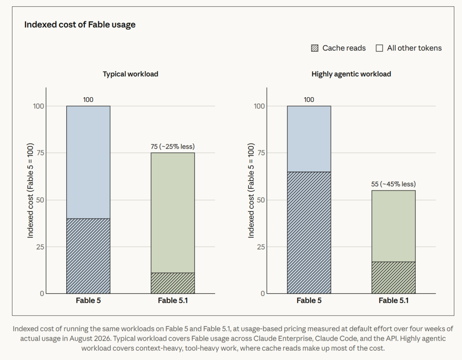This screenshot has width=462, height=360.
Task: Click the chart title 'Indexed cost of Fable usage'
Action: [x=80, y=24]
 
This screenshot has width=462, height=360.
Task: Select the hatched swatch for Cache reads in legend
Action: [x=315, y=48]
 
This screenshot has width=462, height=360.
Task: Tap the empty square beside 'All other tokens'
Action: [x=379, y=48]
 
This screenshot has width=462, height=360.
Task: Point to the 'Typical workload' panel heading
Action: [x=130, y=74]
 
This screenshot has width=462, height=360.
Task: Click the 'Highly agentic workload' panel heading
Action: [x=351, y=74]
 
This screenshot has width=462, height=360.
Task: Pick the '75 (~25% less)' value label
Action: [x=173, y=146]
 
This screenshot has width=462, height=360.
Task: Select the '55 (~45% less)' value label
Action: [x=394, y=184]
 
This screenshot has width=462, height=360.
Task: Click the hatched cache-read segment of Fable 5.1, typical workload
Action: [x=173, y=283]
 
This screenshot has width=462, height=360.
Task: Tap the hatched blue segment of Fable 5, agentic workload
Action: [x=309, y=232]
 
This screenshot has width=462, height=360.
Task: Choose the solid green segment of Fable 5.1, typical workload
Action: [x=173, y=213]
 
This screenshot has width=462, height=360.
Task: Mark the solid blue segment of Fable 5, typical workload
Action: [x=89, y=162]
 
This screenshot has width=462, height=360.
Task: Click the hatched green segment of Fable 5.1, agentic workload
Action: [x=394, y=277]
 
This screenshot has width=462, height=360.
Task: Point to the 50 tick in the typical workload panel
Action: [x=40, y=200]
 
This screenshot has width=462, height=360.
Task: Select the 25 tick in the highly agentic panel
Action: [x=261, y=247]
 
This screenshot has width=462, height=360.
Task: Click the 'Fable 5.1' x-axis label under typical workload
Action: [x=173, y=300]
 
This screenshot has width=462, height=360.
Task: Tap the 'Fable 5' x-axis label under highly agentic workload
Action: [x=309, y=300]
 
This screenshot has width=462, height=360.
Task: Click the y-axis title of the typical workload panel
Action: [x=30, y=190]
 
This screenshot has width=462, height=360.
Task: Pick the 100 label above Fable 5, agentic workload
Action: [x=309, y=100]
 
